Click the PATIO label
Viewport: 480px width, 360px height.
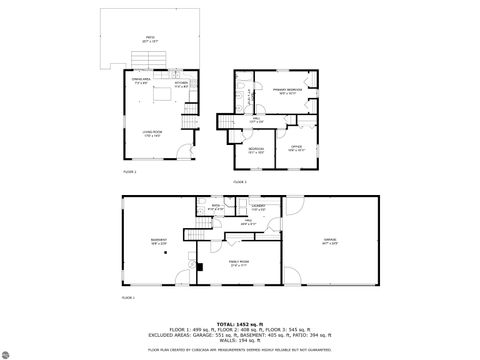(150, 38)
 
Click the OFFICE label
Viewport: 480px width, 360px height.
(296, 148)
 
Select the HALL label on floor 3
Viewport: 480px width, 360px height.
(256, 120)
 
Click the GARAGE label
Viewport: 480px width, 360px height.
(329, 241)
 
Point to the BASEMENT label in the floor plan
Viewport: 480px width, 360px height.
(159, 241)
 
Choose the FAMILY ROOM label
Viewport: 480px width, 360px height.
(238, 263)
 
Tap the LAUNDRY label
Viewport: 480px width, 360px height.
(258, 208)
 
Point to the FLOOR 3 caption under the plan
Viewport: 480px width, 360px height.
(239, 182)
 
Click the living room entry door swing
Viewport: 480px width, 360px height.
(182, 152)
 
